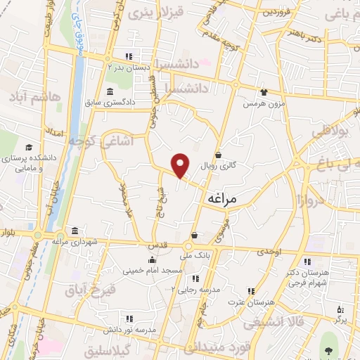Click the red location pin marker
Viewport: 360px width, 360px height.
click(181, 165)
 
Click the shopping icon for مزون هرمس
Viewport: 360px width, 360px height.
click(264, 92)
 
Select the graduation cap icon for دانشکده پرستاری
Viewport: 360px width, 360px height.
click(29, 148)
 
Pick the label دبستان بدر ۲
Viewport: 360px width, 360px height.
click(130, 67)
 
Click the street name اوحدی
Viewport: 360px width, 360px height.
click(269, 251)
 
